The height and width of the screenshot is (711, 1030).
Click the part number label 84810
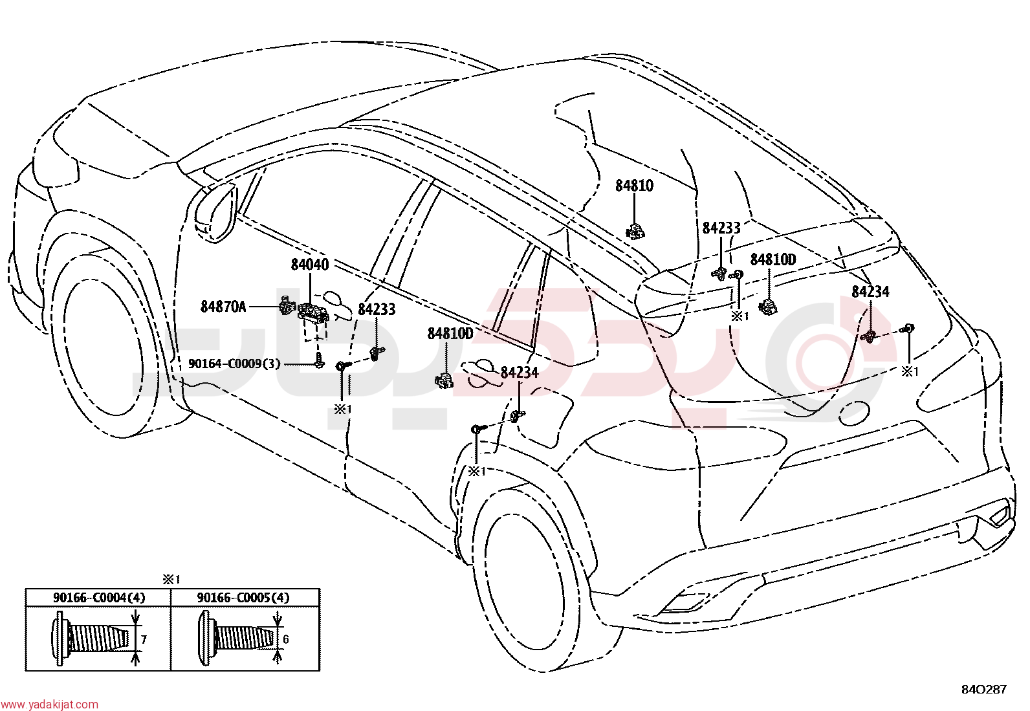click(634, 186)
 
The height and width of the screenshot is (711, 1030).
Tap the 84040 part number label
click(310, 265)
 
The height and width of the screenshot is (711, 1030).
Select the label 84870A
click(223, 306)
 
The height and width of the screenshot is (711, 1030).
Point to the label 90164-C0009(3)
click(234, 364)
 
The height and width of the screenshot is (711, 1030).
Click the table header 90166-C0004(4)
click(99, 598)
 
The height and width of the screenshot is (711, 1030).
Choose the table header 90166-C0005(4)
click(243, 598)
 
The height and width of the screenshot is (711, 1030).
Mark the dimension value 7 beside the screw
click(144, 640)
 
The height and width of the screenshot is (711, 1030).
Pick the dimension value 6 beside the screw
click(286, 639)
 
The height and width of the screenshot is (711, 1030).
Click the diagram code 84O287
click(984, 690)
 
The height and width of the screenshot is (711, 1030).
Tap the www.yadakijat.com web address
click(49, 705)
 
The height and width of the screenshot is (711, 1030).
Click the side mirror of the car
click(216, 212)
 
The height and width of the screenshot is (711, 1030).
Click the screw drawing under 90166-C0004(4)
click(94, 639)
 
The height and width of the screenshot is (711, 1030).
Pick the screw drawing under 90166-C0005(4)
click(237, 639)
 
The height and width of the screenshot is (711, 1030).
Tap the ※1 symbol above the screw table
click(171, 580)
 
